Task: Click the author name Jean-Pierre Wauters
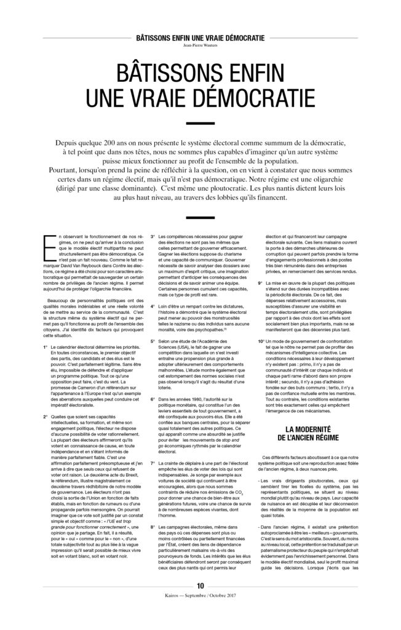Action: point(200,46)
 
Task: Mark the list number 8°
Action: point(153,528)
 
